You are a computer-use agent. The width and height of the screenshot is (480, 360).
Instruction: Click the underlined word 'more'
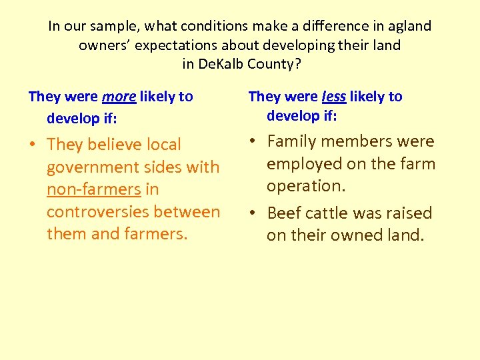pyautogui.click(x=119, y=97)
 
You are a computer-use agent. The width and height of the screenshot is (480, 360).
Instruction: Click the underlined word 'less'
pyautogui.click(x=333, y=97)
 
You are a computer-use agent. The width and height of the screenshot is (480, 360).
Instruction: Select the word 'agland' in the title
pyautogui.click(x=409, y=27)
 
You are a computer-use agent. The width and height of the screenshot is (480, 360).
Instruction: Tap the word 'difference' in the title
pyautogui.click(x=341, y=27)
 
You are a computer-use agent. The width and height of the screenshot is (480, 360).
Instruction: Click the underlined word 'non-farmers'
pyautogui.click(x=93, y=189)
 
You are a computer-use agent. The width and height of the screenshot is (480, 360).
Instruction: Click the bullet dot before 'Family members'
pyautogui.click(x=254, y=141)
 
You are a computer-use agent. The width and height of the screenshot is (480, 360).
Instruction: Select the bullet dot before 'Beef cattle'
pyautogui.click(x=254, y=213)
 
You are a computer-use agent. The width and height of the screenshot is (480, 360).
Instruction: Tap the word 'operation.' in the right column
pyautogui.click(x=306, y=186)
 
